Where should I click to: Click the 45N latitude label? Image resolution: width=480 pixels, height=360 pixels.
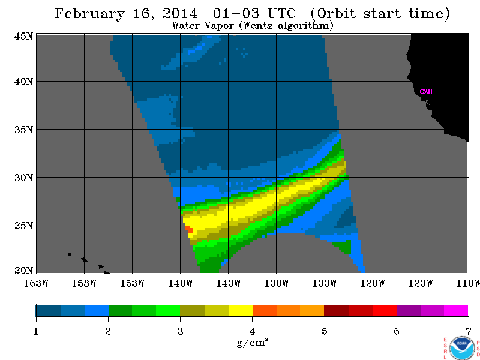pyautogui.click(x=23, y=37)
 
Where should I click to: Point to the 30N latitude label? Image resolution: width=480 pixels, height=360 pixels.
pyautogui.click(x=23, y=178)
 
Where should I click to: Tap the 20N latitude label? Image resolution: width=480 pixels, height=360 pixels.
pyautogui.click(x=23, y=271)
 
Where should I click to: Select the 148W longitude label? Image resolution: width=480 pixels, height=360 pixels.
pyautogui.click(x=181, y=283)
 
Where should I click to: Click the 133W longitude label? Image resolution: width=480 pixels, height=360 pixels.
pyautogui.click(x=325, y=283)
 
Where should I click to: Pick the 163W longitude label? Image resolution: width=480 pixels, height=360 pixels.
pyautogui.click(x=36, y=283)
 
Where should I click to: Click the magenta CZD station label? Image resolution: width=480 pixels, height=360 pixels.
pyautogui.click(x=426, y=92)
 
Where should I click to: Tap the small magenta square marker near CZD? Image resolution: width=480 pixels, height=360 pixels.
pyautogui.click(x=418, y=94)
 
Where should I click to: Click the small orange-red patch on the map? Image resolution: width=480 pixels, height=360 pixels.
pyautogui.click(x=189, y=229)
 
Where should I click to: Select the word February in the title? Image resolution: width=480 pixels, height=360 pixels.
pyautogui.click(x=89, y=14)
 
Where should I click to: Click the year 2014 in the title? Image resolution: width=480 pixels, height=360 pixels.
pyautogui.click(x=180, y=13)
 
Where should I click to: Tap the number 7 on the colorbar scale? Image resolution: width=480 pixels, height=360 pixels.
pyautogui.click(x=469, y=331)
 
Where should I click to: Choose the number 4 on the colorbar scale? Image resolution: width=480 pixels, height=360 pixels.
pyautogui.click(x=252, y=331)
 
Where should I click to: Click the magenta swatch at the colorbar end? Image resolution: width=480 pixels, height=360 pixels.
pyautogui.click(x=456, y=310)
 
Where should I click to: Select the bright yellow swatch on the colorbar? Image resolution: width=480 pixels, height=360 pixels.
pyautogui.click(x=241, y=310)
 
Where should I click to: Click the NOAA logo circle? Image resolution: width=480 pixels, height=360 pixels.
pyautogui.click(x=461, y=347)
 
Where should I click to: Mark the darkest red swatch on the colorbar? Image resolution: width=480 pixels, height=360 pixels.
pyautogui.click(x=337, y=310)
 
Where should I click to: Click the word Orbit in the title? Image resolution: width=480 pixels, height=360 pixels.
pyautogui.click(x=337, y=14)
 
